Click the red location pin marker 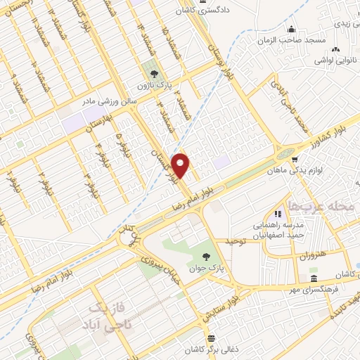click(181, 165)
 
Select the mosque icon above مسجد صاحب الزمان click(291, 29)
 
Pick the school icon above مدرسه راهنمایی click(278, 213)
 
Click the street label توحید click(238, 241)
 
